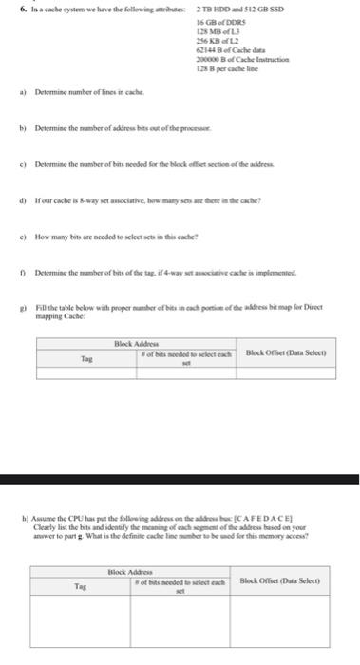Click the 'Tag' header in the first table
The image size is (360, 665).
[84, 359]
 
